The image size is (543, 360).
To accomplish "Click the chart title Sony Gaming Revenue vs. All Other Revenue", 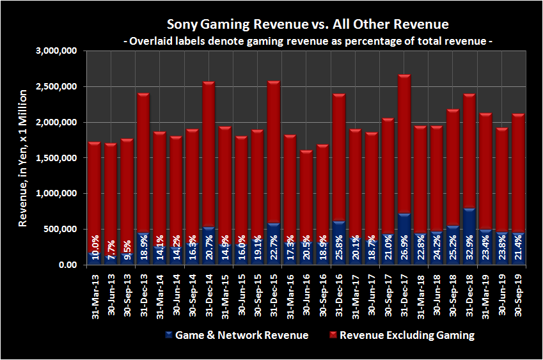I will (308, 24).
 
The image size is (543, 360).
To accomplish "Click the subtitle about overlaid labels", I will (308, 41).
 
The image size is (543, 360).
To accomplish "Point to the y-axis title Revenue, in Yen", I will (22, 157).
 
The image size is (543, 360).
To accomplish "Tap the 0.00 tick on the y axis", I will (67, 265).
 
